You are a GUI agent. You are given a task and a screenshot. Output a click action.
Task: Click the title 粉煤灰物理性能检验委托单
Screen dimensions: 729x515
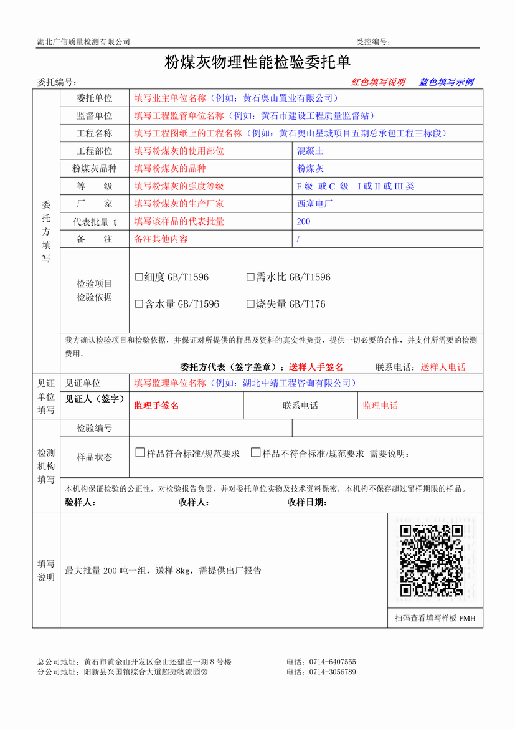[257, 62]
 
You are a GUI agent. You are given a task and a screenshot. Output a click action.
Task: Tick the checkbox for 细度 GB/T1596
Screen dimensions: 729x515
[139, 277]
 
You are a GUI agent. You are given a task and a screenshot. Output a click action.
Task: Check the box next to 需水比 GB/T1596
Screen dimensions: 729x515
[251, 277]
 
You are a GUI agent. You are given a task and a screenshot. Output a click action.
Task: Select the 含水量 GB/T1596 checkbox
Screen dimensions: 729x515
[139, 305]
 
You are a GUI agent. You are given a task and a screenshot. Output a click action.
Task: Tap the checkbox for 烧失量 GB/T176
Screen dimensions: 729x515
[251, 305]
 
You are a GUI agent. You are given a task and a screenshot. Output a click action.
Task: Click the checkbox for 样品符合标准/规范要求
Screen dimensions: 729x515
[140, 453]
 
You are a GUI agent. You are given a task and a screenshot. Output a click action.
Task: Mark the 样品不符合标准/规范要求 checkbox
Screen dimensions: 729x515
[255, 453]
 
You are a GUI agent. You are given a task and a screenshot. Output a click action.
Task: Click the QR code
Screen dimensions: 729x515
[431, 561]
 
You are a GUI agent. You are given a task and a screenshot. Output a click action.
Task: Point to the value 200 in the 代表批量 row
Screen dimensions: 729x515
[303, 222]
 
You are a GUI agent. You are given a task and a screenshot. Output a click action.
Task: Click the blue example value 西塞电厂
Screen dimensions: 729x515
[314, 204]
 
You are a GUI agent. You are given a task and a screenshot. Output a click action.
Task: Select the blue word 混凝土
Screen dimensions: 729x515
[310, 151]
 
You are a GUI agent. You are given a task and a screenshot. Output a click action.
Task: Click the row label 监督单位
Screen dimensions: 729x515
[95, 116]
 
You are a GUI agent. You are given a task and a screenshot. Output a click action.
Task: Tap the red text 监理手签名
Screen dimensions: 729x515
[156, 406]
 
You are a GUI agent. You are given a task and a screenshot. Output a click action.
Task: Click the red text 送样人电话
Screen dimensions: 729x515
[443, 368]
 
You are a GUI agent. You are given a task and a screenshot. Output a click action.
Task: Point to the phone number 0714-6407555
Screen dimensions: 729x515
[329, 662]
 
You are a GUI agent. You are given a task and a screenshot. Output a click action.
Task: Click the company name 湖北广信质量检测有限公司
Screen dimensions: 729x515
[83, 42]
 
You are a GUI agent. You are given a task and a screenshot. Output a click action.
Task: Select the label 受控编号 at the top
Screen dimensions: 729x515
[372, 42]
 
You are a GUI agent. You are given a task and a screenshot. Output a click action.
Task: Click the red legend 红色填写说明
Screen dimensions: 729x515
[378, 82]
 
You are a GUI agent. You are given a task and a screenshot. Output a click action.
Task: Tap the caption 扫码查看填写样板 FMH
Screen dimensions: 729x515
[435, 618]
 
